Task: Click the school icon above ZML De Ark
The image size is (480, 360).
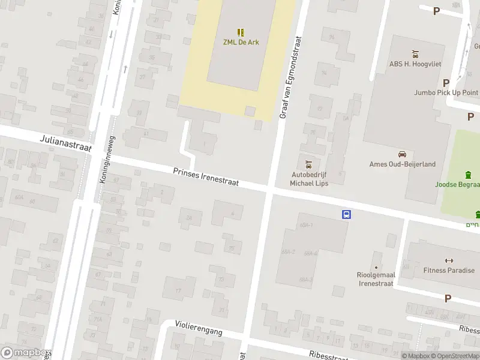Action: tap(240, 32)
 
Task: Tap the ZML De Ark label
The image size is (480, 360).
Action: tap(240, 43)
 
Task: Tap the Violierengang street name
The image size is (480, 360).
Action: tap(199, 327)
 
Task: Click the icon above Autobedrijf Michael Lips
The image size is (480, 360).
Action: tap(308, 164)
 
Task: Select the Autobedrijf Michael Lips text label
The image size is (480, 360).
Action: tap(308, 178)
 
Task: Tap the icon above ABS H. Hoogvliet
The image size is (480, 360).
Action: tap(414, 54)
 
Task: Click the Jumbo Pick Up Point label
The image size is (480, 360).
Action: tap(446, 92)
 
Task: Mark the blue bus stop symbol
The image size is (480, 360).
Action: tap(346, 214)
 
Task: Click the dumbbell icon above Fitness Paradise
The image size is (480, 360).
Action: tap(448, 260)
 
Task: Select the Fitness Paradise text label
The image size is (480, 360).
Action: tap(448, 271)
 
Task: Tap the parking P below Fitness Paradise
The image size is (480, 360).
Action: tap(448, 298)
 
